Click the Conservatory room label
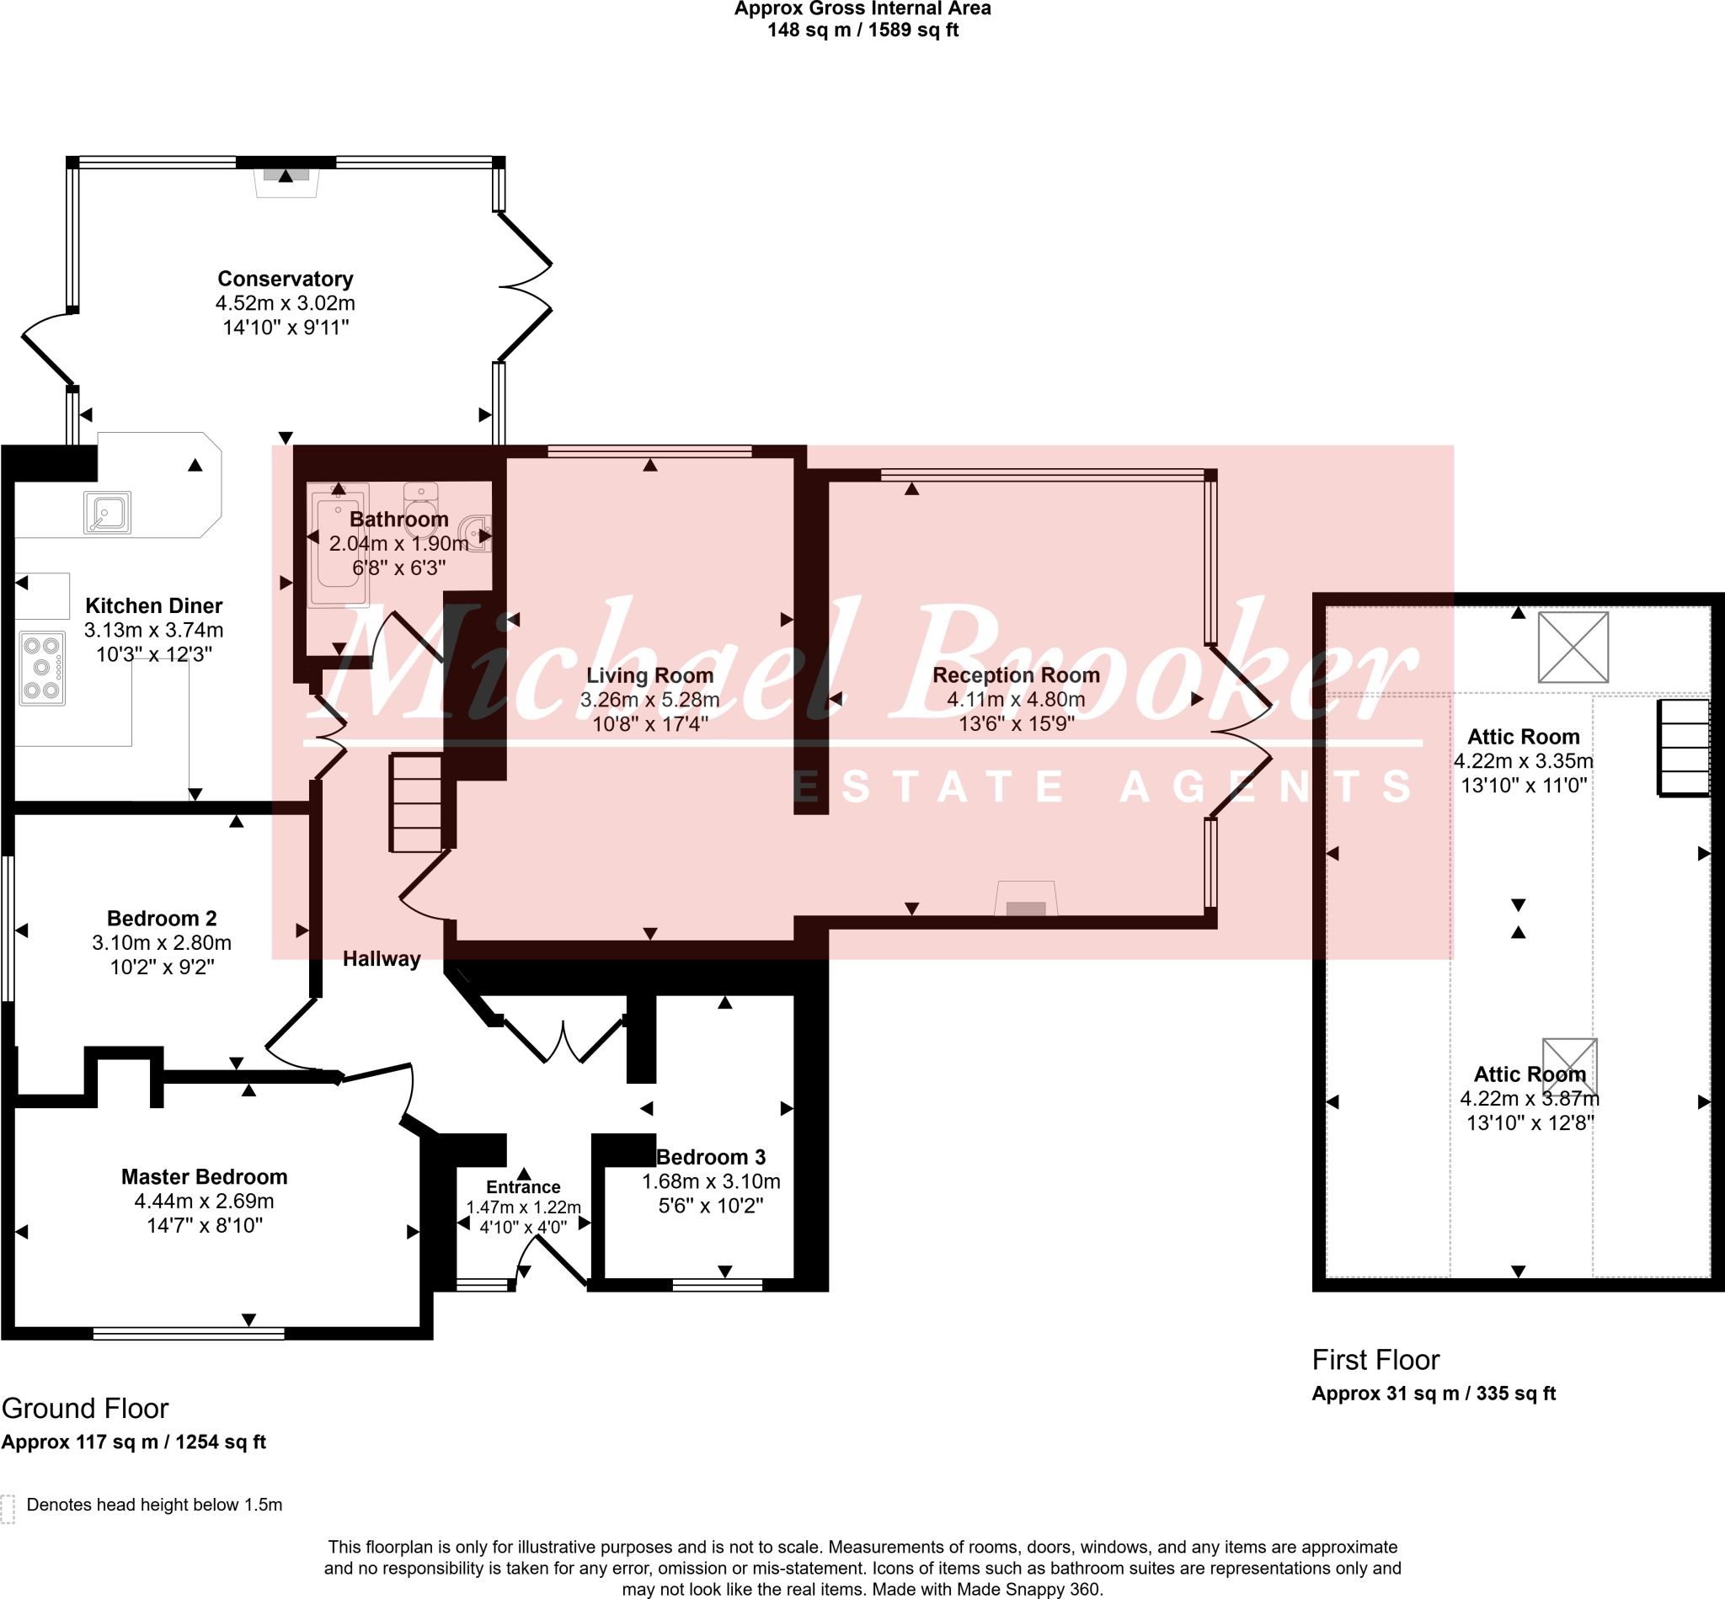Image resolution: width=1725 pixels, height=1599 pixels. coord(285,279)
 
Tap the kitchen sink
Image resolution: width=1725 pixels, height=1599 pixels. coord(107,511)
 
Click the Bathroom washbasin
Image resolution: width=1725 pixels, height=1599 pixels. coord(475,533)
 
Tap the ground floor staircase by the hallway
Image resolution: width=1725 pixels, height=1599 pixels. coord(417,803)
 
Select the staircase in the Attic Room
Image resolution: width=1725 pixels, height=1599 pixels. coord(1685,748)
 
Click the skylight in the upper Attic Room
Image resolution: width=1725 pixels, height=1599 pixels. coord(1573,648)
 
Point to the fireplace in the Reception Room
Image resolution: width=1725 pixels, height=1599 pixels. coord(1026,899)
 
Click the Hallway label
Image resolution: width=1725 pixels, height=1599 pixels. coord(382,959)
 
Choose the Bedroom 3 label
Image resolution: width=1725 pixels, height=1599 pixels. coord(711,1157)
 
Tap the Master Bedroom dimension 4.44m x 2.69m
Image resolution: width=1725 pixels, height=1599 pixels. coord(205,1201)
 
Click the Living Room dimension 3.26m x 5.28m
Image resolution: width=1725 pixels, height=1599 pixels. coord(650,699)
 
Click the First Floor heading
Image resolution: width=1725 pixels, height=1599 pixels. coord(1375,1359)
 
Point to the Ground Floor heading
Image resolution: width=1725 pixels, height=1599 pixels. coord(85,1408)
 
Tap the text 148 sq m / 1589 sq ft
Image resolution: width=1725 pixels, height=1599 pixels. coord(863,31)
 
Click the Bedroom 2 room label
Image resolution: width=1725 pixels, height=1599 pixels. coord(162,918)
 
